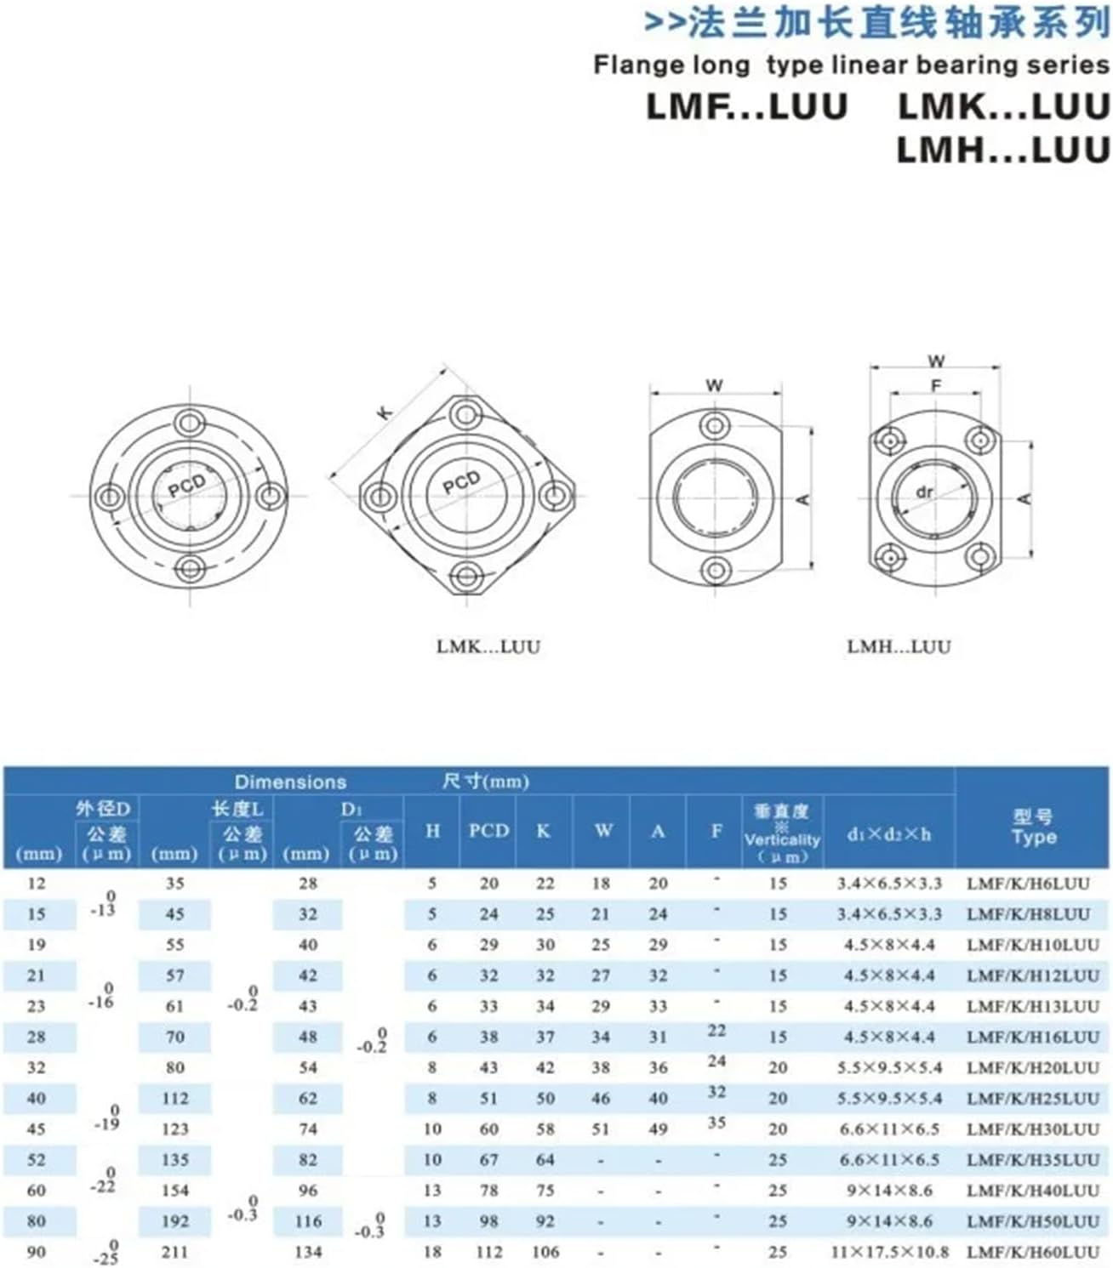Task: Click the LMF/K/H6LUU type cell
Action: pyautogui.click(x=1027, y=884)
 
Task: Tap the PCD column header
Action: pyautogui.click(x=488, y=831)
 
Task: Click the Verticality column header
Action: pyautogui.click(x=781, y=833)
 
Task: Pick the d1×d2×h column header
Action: pyautogui.click(x=888, y=833)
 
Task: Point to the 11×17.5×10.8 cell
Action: pyautogui.click(x=889, y=1252)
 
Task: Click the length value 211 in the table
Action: pyautogui.click(x=174, y=1252)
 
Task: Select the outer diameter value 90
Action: pyautogui.click(x=36, y=1252)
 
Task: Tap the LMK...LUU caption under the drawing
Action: pyautogui.click(x=488, y=646)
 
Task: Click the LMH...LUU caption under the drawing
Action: pyautogui.click(x=899, y=646)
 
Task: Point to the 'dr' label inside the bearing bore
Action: pyautogui.click(x=924, y=492)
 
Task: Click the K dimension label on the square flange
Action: pyautogui.click(x=385, y=412)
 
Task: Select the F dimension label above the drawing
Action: pyautogui.click(x=936, y=385)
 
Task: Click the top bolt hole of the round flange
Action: pyautogui.click(x=189, y=423)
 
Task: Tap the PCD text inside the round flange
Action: pyautogui.click(x=186, y=486)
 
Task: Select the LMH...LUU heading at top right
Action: pyautogui.click(x=1002, y=150)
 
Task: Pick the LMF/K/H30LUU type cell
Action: pyautogui.click(x=1032, y=1129)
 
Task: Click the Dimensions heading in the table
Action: pyautogui.click(x=290, y=782)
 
